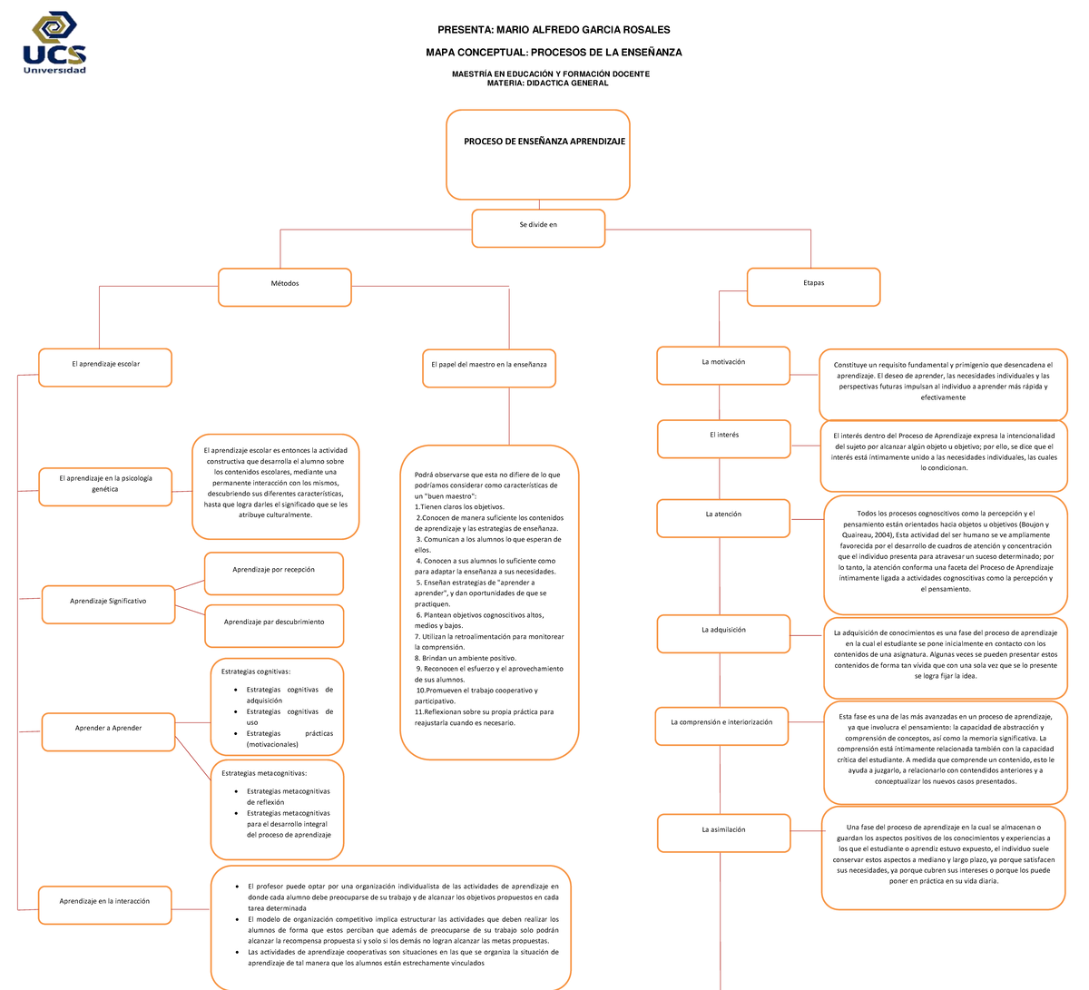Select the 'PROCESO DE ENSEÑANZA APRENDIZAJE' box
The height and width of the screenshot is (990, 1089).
click(x=538, y=153)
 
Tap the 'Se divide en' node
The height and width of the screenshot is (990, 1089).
click(x=538, y=228)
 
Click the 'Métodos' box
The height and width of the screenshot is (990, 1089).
click(x=285, y=287)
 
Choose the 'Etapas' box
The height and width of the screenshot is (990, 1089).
click(x=813, y=286)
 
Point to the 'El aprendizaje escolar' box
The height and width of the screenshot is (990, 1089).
click(x=105, y=367)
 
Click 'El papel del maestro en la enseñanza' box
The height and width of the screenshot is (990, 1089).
click(x=489, y=368)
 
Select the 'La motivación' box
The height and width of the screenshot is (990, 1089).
click(x=723, y=365)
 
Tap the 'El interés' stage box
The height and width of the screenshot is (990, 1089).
click(x=723, y=438)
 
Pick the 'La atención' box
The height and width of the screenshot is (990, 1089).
click(x=723, y=517)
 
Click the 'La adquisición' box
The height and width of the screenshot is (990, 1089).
click(x=723, y=632)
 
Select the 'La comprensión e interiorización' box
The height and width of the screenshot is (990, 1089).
click(x=721, y=725)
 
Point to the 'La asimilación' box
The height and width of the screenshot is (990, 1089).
click(x=723, y=832)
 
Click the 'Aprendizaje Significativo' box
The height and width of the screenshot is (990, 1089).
click(x=108, y=604)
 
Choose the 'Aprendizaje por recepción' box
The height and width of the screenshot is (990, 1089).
click(x=274, y=573)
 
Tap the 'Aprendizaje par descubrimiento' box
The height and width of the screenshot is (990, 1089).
click(x=274, y=625)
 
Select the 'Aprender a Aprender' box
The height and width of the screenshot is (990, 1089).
click(x=108, y=730)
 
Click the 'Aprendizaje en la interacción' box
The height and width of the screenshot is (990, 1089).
click(x=104, y=904)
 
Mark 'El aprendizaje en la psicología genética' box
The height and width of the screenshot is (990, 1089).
click(x=105, y=486)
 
